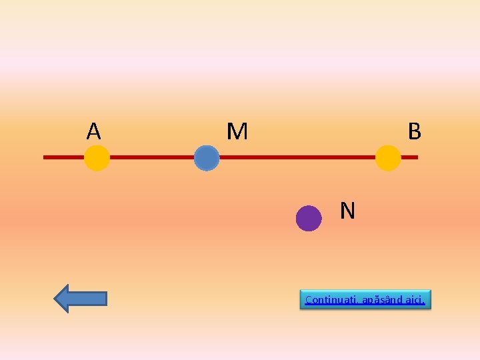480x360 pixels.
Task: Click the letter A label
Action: click(93, 131)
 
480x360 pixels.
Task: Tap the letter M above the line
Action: click(237, 131)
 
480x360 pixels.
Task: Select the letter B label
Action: click(414, 131)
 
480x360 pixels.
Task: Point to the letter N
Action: click(347, 211)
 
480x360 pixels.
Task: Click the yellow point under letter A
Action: click(97, 158)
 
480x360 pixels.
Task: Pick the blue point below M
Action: click(207, 159)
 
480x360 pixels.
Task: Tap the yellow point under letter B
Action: click(388, 158)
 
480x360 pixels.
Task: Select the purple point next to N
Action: click(309, 218)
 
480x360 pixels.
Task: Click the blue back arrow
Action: click(80, 299)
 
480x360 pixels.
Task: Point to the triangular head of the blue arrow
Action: click(63, 299)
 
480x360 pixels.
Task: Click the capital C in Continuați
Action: click(308, 300)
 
